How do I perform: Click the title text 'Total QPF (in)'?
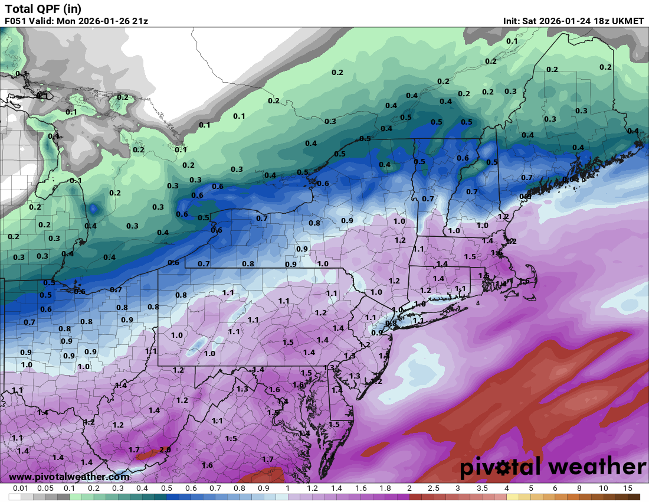click(43, 8)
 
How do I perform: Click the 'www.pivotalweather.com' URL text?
click(70, 477)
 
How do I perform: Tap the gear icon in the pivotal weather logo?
click(503, 468)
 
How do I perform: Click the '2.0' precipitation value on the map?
click(165, 449)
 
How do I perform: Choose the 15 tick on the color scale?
click(627, 489)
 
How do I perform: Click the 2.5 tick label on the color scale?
click(433, 489)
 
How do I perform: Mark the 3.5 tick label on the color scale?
click(482, 489)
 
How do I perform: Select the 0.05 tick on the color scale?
click(45, 489)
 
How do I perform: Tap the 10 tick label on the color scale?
click(603, 489)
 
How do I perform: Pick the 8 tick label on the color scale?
click(579, 489)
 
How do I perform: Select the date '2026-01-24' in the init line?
click(563, 21)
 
